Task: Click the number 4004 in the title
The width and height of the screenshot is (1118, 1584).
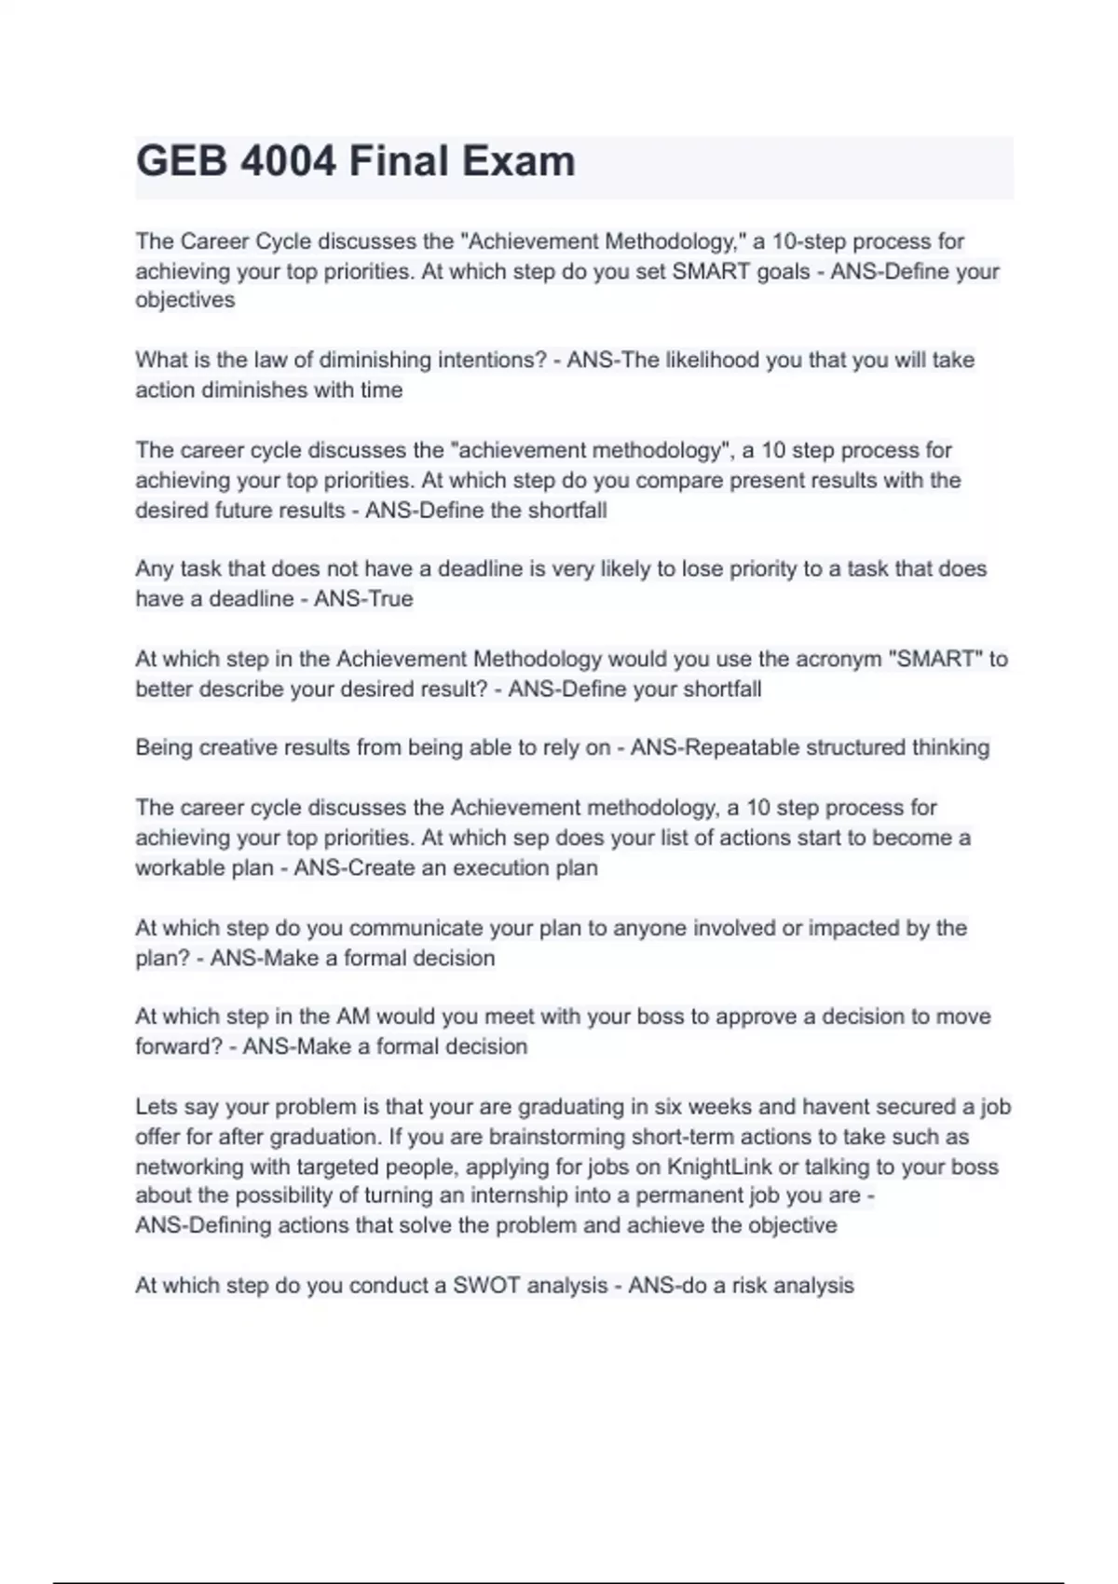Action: point(288,161)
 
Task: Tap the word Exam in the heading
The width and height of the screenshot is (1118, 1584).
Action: point(527,161)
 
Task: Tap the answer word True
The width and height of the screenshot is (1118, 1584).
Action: point(389,598)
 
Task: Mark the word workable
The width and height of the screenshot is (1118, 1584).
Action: point(181,867)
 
